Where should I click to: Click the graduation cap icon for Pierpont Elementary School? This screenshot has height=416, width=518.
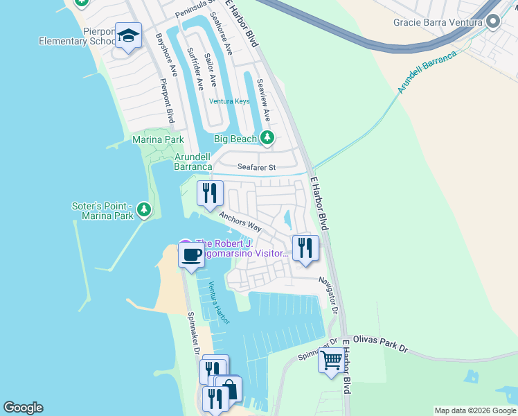[x=128, y=36]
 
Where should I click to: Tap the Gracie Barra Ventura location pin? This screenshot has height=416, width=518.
[x=494, y=22]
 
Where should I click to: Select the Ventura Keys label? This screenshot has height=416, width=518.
[x=229, y=101]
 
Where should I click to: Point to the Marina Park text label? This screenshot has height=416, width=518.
[x=159, y=140]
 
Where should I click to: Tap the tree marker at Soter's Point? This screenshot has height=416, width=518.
[x=144, y=209]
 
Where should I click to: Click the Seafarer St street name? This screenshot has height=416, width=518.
[x=256, y=167]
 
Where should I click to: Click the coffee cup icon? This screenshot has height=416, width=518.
[x=192, y=254]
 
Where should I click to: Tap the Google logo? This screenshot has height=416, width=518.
[x=23, y=408]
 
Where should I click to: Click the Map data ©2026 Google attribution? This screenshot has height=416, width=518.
[x=474, y=410]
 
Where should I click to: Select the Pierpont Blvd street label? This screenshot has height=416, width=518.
[x=166, y=101]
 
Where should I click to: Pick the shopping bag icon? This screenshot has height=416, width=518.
[x=229, y=390]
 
